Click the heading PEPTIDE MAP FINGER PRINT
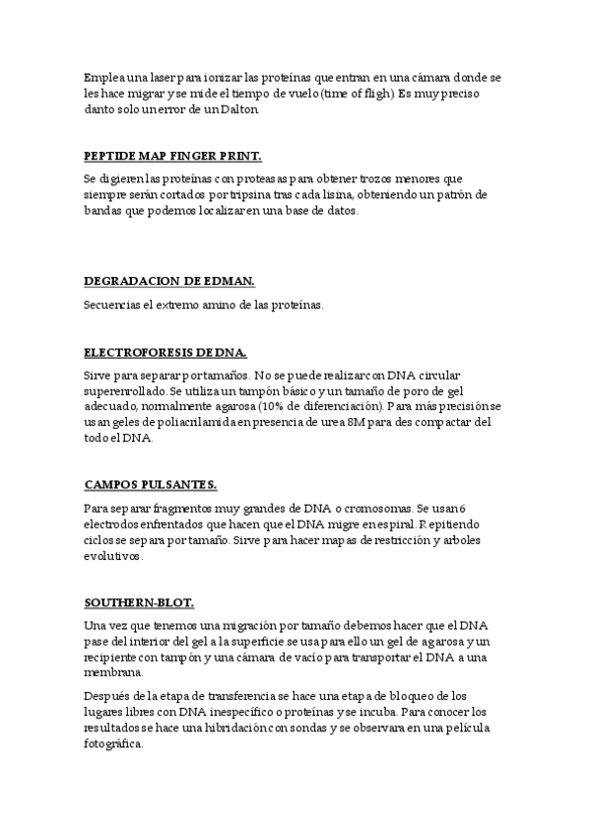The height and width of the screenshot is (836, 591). pos(172,156)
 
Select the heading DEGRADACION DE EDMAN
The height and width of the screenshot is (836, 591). pos(169,281)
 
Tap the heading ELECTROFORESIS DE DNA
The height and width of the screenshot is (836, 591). pos(165,352)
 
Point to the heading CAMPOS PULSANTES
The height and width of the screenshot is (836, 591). pos(151,484)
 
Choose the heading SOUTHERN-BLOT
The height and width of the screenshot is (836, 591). pos(139,601)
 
